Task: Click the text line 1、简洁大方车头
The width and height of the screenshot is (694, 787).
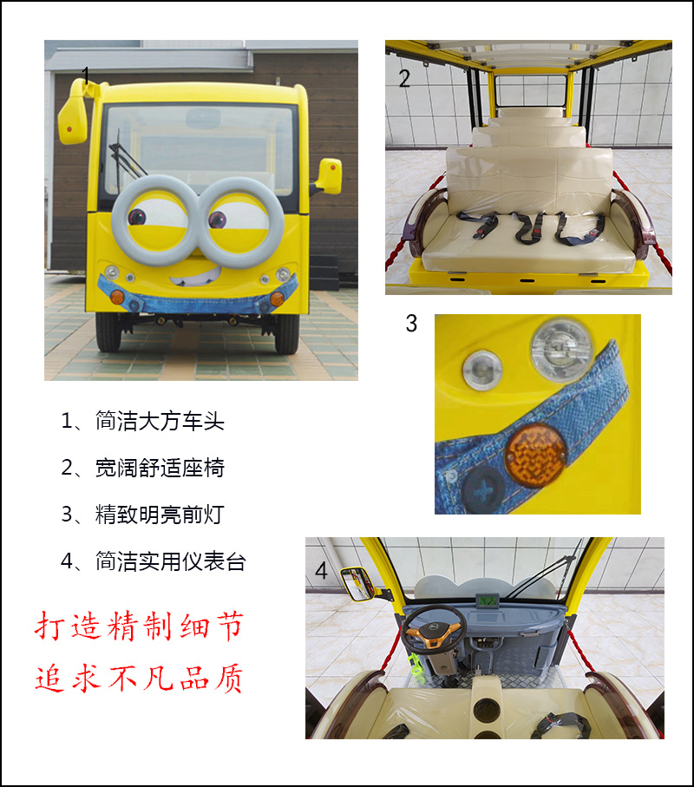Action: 142,422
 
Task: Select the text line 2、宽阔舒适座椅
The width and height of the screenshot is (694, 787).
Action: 142,469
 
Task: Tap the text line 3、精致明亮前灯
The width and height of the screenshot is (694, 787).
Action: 142,515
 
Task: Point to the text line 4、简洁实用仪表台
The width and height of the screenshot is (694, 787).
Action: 154,561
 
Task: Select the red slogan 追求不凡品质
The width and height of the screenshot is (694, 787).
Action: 139,678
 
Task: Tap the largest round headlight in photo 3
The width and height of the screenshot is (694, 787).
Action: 561,350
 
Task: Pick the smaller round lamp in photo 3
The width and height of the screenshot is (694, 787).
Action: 482,371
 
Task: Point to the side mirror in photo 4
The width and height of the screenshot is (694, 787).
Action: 357,584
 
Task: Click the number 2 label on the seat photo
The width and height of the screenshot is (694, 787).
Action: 404,79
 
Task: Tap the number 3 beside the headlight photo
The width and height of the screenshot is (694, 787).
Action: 411,324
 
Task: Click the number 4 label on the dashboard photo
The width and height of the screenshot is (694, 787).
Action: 322,572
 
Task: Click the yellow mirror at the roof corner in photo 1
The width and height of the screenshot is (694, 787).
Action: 72,120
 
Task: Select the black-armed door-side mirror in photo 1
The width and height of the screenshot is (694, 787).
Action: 330,175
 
